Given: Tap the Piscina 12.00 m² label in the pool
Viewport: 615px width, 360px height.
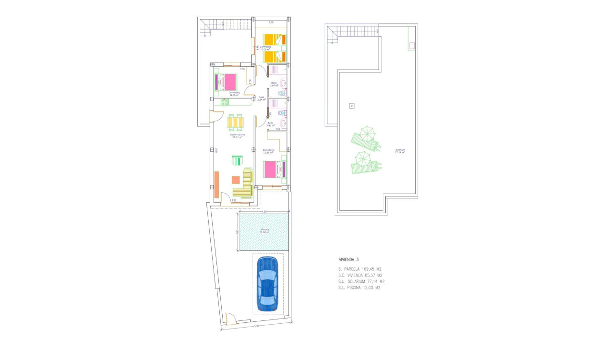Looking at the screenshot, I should click(265, 231).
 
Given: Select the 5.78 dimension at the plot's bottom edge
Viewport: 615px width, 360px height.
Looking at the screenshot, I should click(256, 326).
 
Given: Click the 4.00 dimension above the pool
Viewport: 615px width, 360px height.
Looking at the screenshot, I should click(263, 211).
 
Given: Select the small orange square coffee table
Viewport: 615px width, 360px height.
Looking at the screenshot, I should click(236, 180).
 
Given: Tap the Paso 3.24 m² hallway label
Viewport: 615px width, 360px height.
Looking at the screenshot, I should click(261, 99).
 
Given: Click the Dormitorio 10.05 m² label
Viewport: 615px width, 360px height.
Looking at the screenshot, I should click(266, 48).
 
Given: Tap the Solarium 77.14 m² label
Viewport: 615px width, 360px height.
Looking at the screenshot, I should click(400, 151).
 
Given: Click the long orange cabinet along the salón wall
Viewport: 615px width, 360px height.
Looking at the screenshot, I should click(217, 185).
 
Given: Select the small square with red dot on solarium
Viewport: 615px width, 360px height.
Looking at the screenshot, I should click(352, 106).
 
